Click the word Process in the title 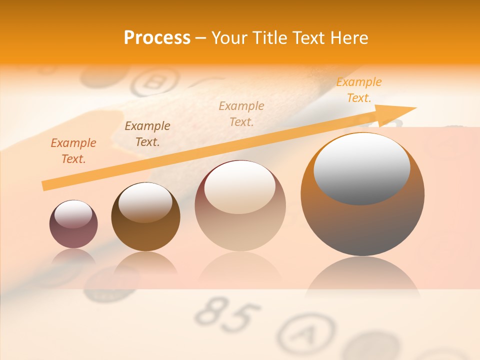tap(157, 38)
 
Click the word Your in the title tap(230, 38)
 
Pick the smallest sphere tap(73, 224)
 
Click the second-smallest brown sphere tap(145, 217)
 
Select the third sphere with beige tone tap(240, 205)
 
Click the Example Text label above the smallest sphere tap(73, 151)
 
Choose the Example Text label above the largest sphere tap(358, 90)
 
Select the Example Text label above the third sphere tap(241, 113)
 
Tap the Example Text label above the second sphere tap(147, 133)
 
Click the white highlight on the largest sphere tap(361, 167)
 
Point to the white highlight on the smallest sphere tap(73, 214)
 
